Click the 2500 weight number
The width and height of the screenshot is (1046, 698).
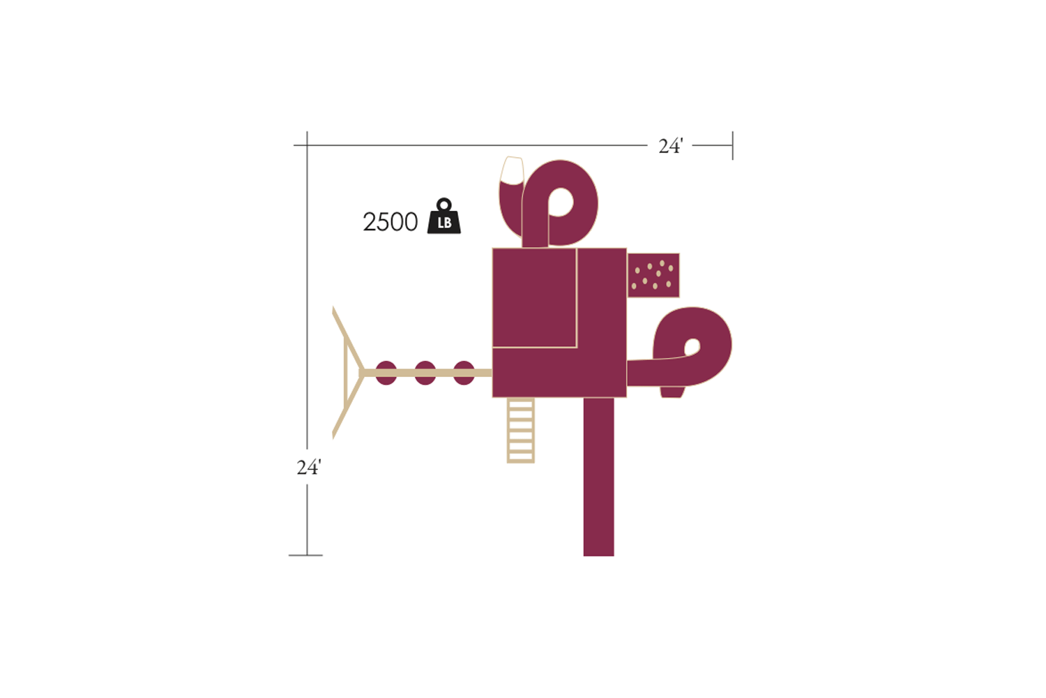[x=390, y=221]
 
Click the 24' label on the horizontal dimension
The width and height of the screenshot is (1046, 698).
[x=671, y=147]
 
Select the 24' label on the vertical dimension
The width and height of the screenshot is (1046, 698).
[x=309, y=467]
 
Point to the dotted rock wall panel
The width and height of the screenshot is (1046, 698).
[x=653, y=276]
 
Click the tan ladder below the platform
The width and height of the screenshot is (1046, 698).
[x=521, y=430]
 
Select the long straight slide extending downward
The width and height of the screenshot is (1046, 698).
[x=598, y=477]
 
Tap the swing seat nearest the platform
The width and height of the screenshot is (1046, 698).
[x=464, y=373]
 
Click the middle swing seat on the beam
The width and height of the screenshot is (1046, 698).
[x=425, y=373]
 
